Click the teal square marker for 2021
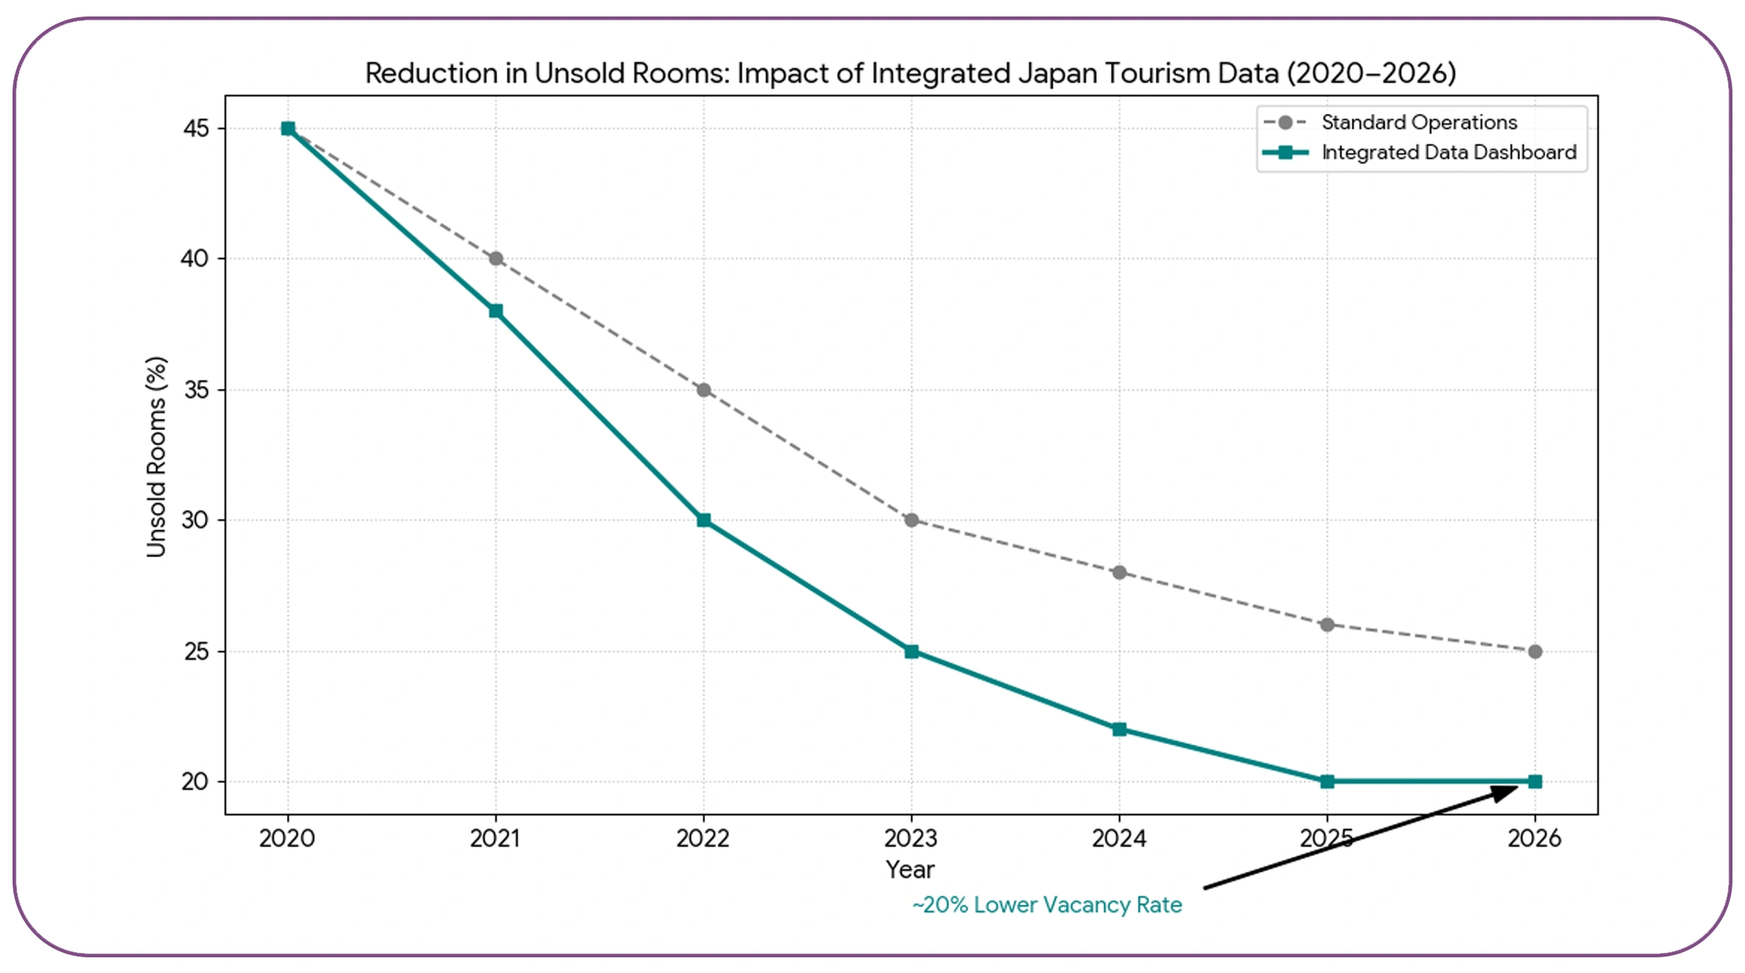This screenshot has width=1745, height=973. coord(495,311)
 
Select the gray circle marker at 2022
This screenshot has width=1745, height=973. coord(703,390)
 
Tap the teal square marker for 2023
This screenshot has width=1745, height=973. coord(911,651)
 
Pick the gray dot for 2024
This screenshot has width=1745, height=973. coord(1119,573)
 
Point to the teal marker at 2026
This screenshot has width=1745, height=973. coord(1535,782)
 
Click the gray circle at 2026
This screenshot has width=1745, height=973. coord(1535,651)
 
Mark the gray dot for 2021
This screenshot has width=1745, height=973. coord(495,258)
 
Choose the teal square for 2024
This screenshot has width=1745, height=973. coord(1119,730)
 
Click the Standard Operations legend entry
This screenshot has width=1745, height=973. coord(1418,122)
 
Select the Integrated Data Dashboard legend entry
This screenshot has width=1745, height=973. coord(1448,152)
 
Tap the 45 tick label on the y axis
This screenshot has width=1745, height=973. coord(195,128)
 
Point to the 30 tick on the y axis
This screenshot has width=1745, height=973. coord(195,520)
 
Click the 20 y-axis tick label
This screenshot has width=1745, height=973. coord(195,782)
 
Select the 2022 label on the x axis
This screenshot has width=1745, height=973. coord(703,838)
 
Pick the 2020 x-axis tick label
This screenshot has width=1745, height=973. coord(287,838)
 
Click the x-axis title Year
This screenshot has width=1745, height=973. coord(910,869)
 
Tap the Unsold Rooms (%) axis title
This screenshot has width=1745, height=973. coord(156,457)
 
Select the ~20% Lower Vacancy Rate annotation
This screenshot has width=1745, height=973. coord(1046,905)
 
